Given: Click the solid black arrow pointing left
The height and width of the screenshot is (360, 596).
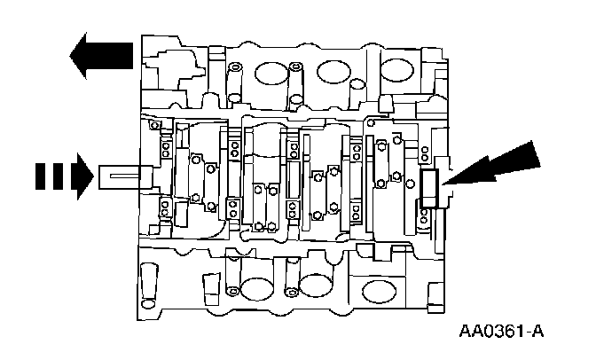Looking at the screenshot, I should [102, 53].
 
